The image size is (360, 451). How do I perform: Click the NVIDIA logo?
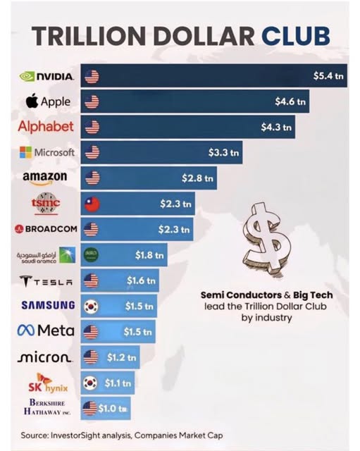coord(46,77)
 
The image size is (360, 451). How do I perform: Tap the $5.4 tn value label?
coord(328,76)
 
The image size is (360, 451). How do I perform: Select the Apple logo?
coord(48,101)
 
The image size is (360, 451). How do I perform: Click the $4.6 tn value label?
coord(290,101)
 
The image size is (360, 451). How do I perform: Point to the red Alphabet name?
coord(46,127)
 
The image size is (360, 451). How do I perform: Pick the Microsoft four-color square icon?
coord(25,152)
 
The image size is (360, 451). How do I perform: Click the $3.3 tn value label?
coord(223,152)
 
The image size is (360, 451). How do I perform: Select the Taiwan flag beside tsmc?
coord(92,204)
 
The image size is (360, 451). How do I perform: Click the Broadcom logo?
coord(46,229)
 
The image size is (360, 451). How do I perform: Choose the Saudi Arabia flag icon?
coord(91,255)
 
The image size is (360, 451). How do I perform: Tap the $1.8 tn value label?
coord(149,255)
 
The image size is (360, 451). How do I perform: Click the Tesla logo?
coord(46,281)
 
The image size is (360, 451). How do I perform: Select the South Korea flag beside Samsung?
coord(91,306)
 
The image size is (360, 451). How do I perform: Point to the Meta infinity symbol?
coord(26,330)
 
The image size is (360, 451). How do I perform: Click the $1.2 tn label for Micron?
coord(121,357)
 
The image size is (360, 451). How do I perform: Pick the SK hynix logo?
coord(48,383)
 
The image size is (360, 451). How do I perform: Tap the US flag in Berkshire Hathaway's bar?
coord(89,409)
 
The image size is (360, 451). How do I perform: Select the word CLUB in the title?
coord(296,36)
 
